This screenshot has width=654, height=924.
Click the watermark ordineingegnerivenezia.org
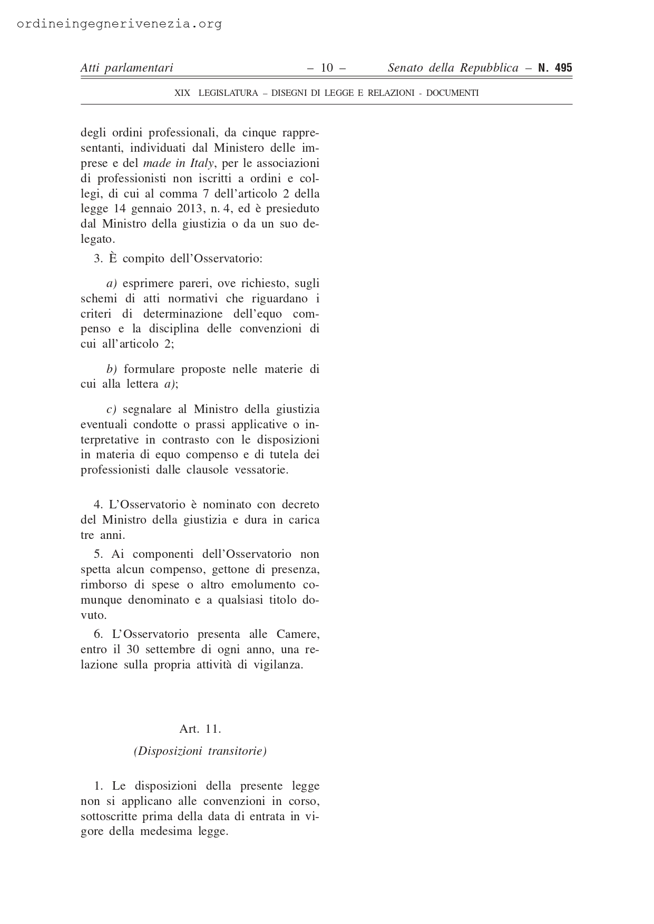point(119,24)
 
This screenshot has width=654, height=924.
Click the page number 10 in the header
point(327,67)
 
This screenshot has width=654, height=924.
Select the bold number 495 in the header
point(562,67)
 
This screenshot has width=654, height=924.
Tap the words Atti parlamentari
point(126,67)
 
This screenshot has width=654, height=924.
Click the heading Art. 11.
point(200,729)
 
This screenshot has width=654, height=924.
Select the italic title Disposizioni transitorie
point(200,751)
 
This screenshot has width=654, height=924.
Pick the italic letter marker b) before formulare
point(111,369)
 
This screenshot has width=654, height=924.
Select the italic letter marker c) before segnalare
point(111,409)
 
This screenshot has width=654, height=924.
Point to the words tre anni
point(103,535)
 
